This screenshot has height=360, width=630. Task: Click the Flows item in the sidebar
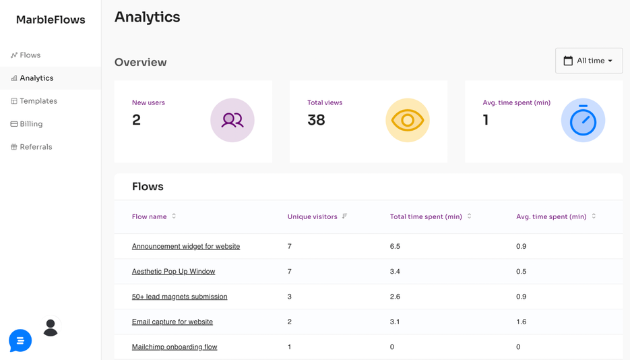coord(30,55)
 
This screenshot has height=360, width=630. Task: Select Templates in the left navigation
coord(38,101)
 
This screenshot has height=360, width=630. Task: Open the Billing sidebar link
coord(31,124)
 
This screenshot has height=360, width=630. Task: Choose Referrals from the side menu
coord(36,147)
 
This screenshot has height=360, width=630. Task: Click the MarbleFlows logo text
coord(51,20)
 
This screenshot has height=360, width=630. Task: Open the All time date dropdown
coord(588,61)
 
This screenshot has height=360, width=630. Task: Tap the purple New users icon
coord(232,120)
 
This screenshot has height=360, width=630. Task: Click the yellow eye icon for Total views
coord(407,120)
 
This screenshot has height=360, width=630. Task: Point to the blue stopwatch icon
coord(583,121)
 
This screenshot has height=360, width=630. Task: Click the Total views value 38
coord(316,120)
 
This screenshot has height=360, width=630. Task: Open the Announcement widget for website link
coord(186,247)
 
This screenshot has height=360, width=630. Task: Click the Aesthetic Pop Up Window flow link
coord(173,272)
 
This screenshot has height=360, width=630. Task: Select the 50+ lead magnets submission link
coord(179,297)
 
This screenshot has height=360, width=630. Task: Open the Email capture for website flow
coord(172,322)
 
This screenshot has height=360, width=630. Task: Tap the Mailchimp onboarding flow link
coord(175,347)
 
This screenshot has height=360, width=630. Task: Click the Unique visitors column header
coord(313,216)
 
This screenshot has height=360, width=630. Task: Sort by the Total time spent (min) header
coord(426,216)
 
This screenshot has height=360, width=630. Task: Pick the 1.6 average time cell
coord(521,322)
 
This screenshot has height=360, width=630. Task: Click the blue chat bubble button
coord(20,340)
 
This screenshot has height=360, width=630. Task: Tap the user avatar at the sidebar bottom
coord(51,328)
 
